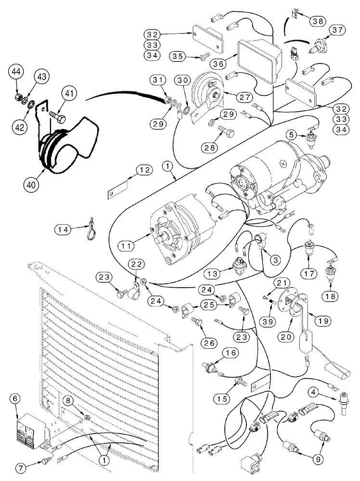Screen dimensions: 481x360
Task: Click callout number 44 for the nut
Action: [x=16, y=72]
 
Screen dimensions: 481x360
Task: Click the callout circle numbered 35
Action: [x=178, y=57]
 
